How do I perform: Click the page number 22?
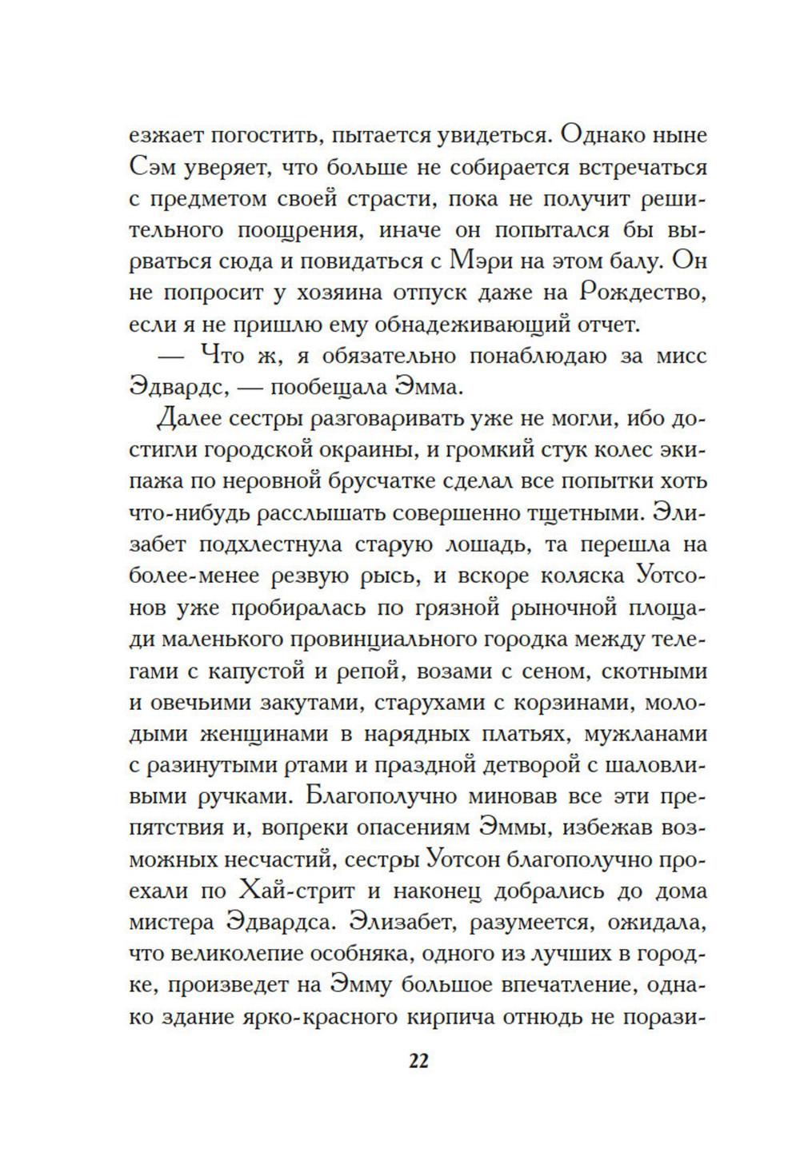(419, 1061)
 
